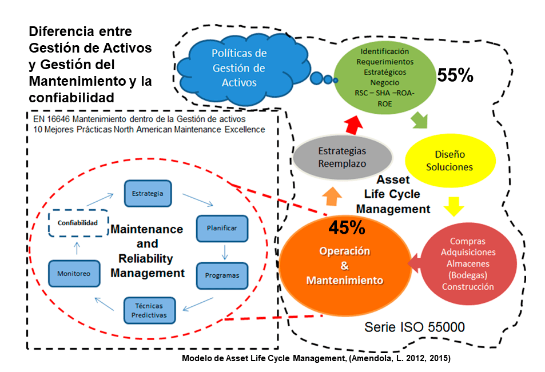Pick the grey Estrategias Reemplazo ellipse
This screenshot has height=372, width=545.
tap(341, 157)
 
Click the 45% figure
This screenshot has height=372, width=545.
tap(347, 227)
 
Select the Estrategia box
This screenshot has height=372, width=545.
tap(148, 193)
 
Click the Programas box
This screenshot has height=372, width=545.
tap(222, 275)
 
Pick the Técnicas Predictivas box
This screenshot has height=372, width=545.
tap(149, 310)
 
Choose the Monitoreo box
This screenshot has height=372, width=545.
tap(74, 273)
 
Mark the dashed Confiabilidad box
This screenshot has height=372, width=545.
tap(77, 222)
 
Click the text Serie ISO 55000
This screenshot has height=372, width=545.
tap(415, 327)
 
